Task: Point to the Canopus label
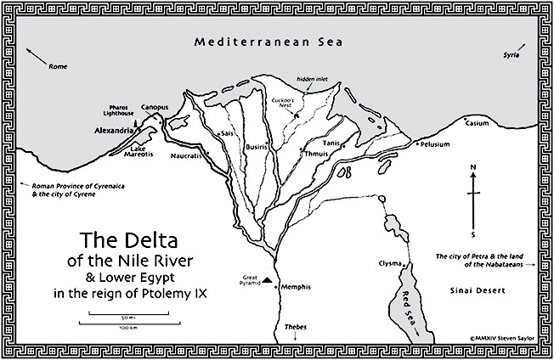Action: tap(155, 107)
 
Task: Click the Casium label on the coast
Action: tap(478, 124)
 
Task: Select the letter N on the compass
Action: tap(473, 166)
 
